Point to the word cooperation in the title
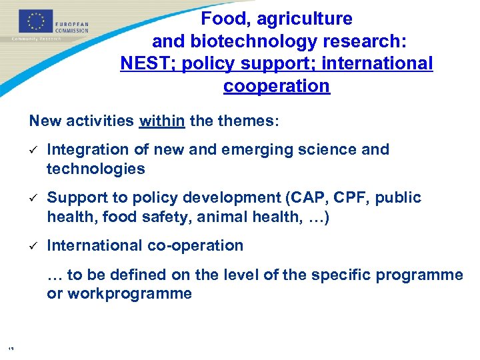(277, 86)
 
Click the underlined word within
(162, 121)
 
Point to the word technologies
(95, 169)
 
